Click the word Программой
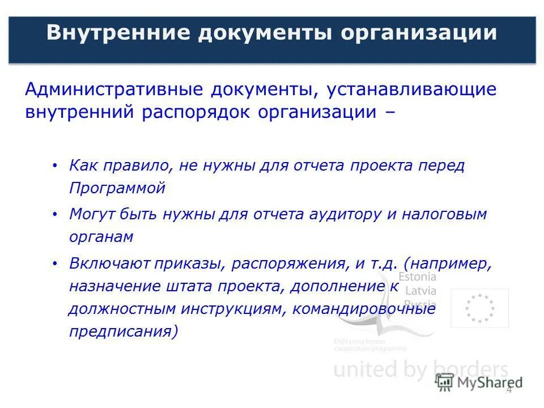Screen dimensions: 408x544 [x=117, y=188]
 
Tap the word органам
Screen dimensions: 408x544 [x=101, y=237]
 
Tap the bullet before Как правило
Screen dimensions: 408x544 [x=54, y=166]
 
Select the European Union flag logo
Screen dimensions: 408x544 [x=479, y=308]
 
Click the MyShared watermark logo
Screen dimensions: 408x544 [x=479, y=382]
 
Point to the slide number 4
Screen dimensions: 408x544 [x=508, y=389]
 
